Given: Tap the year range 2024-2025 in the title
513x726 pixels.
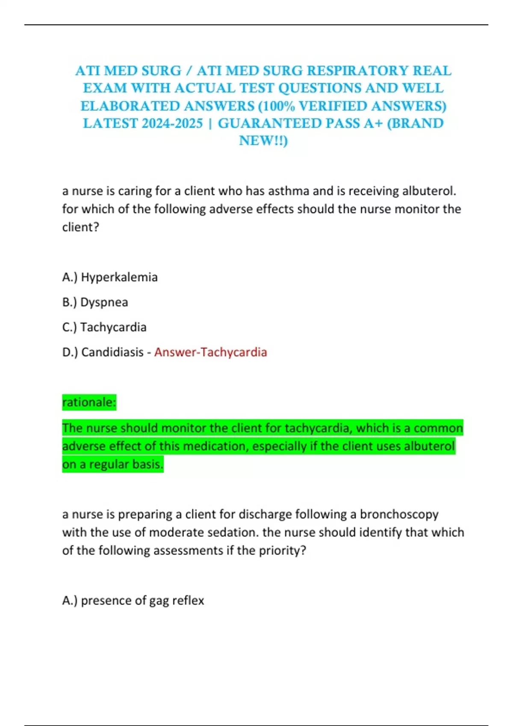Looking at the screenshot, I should (x=172, y=123).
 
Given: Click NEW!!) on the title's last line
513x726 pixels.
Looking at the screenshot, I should (x=263, y=141).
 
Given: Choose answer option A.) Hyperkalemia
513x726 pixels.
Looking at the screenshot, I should (x=110, y=277).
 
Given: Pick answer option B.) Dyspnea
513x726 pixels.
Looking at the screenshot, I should (x=95, y=302).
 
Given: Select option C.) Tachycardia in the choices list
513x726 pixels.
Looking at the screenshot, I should (x=104, y=327).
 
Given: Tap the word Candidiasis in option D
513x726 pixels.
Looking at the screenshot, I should (x=112, y=352).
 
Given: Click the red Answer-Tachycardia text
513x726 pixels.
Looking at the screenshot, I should (x=210, y=352).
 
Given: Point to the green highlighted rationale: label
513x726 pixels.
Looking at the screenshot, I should (x=89, y=402).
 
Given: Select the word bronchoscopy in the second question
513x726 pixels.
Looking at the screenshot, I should (x=399, y=514).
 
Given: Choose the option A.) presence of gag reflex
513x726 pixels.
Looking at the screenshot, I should (x=133, y=600).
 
